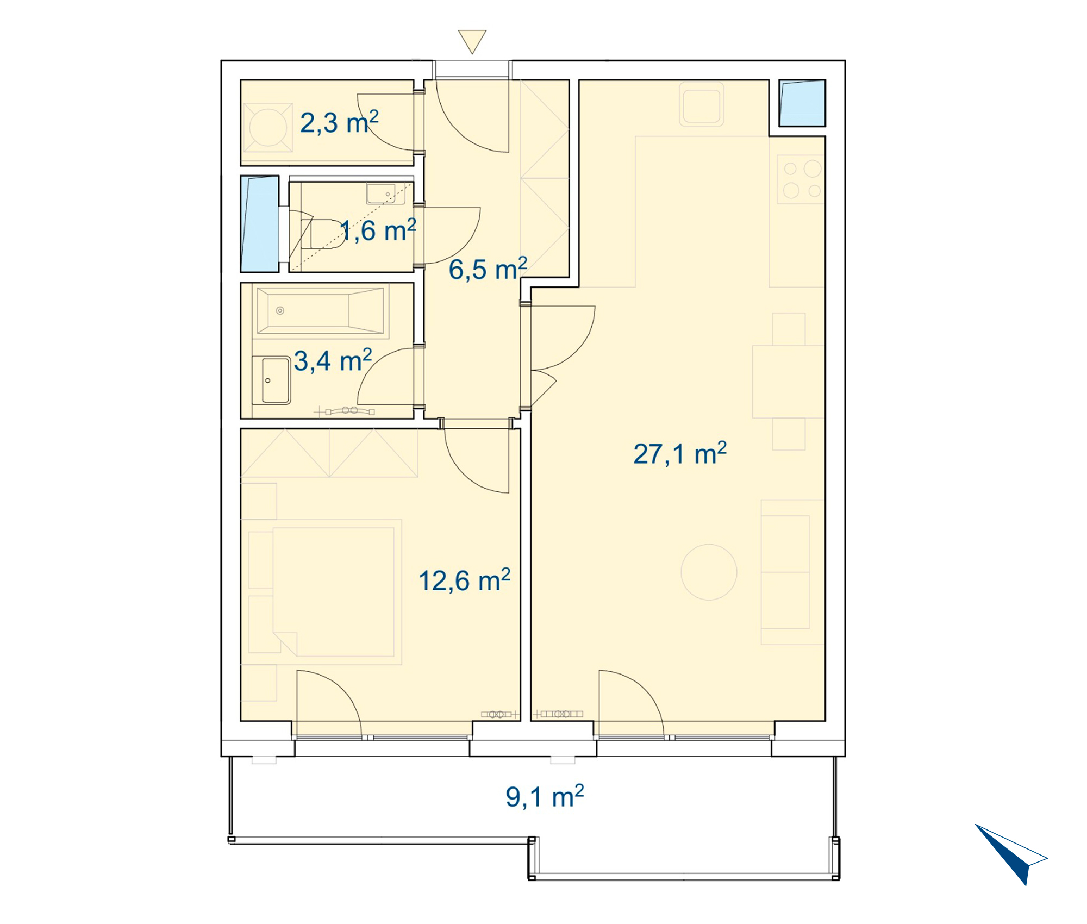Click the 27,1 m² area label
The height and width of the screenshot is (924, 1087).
680,453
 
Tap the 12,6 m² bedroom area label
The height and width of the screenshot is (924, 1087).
465,580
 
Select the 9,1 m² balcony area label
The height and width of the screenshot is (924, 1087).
545,796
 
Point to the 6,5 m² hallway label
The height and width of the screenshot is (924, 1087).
488,269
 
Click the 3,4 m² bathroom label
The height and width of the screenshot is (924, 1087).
333,360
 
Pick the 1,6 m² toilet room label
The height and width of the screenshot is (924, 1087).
378,230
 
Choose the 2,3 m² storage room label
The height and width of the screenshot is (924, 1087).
339,122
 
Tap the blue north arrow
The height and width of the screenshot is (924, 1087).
1008,853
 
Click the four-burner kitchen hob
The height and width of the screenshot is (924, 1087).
801,179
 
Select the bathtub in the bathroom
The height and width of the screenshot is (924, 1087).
321,311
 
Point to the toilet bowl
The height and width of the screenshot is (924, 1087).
322,234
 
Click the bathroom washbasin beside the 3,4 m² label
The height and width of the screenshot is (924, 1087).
276,380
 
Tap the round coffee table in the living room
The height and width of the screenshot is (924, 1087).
709,572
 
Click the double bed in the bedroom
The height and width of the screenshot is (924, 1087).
333,592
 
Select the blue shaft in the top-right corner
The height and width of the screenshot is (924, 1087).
802,103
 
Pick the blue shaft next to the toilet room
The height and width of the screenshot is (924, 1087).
260,224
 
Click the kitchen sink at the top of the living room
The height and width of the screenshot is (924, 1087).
702,104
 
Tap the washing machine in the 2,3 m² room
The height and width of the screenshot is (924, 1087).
267,127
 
